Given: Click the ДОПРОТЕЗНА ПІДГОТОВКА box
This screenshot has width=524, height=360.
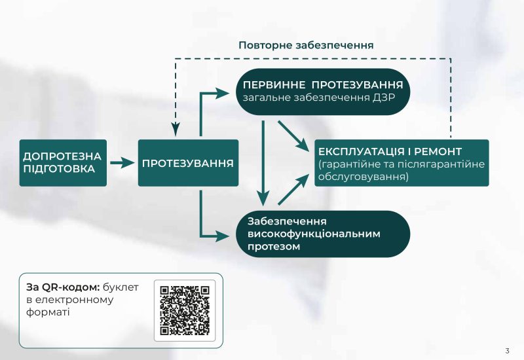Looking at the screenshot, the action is [x=63, y=163].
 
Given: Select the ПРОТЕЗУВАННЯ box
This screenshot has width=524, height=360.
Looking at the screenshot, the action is [x=188, y=163].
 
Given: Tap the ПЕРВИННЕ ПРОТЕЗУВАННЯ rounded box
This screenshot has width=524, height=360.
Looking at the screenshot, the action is [x=323, y=92].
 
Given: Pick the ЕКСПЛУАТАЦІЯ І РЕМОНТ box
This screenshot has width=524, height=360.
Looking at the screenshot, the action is [x=402, y=163].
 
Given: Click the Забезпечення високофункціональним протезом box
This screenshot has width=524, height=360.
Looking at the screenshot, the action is [x=323, y=234].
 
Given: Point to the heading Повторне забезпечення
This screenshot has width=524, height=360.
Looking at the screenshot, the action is [x=306, y=45].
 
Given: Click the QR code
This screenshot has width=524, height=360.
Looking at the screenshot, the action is [x=185, y=310].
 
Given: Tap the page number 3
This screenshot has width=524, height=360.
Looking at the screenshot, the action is [x=507, y=351].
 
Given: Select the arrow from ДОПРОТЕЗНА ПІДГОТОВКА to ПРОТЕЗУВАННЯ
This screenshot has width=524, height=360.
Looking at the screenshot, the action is [x=122, y=163].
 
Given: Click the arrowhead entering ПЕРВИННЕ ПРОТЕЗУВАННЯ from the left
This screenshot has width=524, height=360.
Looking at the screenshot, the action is [x=223, y=94].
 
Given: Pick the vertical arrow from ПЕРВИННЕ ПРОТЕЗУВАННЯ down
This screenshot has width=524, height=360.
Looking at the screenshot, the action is [x=263, y=163].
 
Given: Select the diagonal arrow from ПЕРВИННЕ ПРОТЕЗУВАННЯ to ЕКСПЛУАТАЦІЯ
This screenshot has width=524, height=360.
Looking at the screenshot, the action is [x=293, y=136].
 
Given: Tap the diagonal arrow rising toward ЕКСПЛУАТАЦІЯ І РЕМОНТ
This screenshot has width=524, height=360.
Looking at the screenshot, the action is [x=293, y=189].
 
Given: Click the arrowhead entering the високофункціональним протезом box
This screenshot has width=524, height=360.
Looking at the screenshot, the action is [x=223, y=236].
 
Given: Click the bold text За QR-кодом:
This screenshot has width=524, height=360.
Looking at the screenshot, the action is [x=63, y=287].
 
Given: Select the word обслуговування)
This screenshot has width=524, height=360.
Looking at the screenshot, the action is [x=364, y=177].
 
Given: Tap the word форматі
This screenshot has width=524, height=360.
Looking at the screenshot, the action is [x=48, y=313].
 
